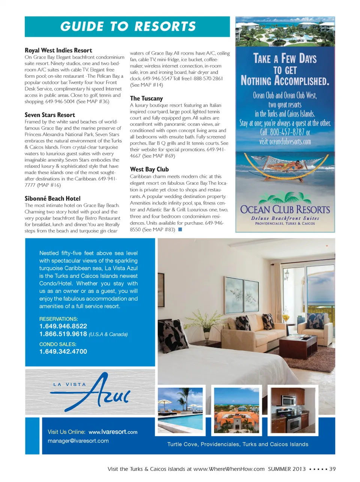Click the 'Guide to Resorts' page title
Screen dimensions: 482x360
pyautogui.click(x=128, y=26)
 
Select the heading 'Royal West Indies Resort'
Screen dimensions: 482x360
pyautogui.click(x=58, y=50)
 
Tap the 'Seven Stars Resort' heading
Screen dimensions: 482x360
pyautogui.click(x=50, y=115)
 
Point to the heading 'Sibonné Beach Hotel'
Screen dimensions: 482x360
pyautogui.click(x=52, y=199)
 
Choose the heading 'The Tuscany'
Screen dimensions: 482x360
pyautogui.click(x=146, y=98)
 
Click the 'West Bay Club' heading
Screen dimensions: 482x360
pyautogui.click(x=149, y=169)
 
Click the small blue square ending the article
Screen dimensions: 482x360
pyautogui.click(x=180, y=229)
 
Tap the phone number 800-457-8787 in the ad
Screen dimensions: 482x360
pyautogui.click(x=285, y=132)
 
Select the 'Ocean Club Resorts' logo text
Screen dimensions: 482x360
pyautogui.click(x=285, y=209)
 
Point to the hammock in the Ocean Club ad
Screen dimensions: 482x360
pyautogui.click(x=285, y=168)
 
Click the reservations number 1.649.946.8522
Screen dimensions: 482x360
pyautogui.click(x=63, y=326)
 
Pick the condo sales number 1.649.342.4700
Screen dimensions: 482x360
pyautogui.click(x=63, y=351)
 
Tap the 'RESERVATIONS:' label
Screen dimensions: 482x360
pyautogui.click(x=58, y=319)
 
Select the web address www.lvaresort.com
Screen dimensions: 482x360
pyautogui.click(x=113, y=432)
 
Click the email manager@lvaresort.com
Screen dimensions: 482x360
pyautogui.click(x=78, y=441)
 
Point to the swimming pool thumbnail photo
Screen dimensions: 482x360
pyautogui.click(x=180, y=410)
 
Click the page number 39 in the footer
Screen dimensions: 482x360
pyautogui.click(x=332, y=469)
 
